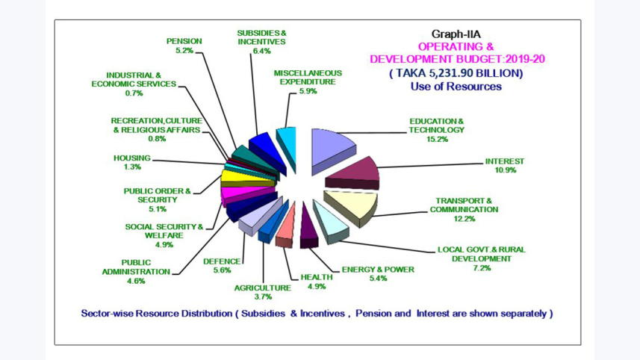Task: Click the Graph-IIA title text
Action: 456,34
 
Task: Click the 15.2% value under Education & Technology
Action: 436,139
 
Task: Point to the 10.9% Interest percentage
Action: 504,170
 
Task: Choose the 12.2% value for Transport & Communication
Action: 463,219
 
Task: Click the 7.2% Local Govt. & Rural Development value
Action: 482,268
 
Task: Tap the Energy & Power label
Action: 377,269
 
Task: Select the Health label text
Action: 317,277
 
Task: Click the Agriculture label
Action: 262,288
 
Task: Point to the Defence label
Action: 222,261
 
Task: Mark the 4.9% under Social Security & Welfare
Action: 164,244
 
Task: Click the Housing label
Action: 131,158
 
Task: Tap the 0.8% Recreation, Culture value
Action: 156,139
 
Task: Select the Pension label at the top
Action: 184,42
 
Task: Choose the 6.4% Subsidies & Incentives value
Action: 261,51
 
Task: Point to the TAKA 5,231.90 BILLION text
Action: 456,73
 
